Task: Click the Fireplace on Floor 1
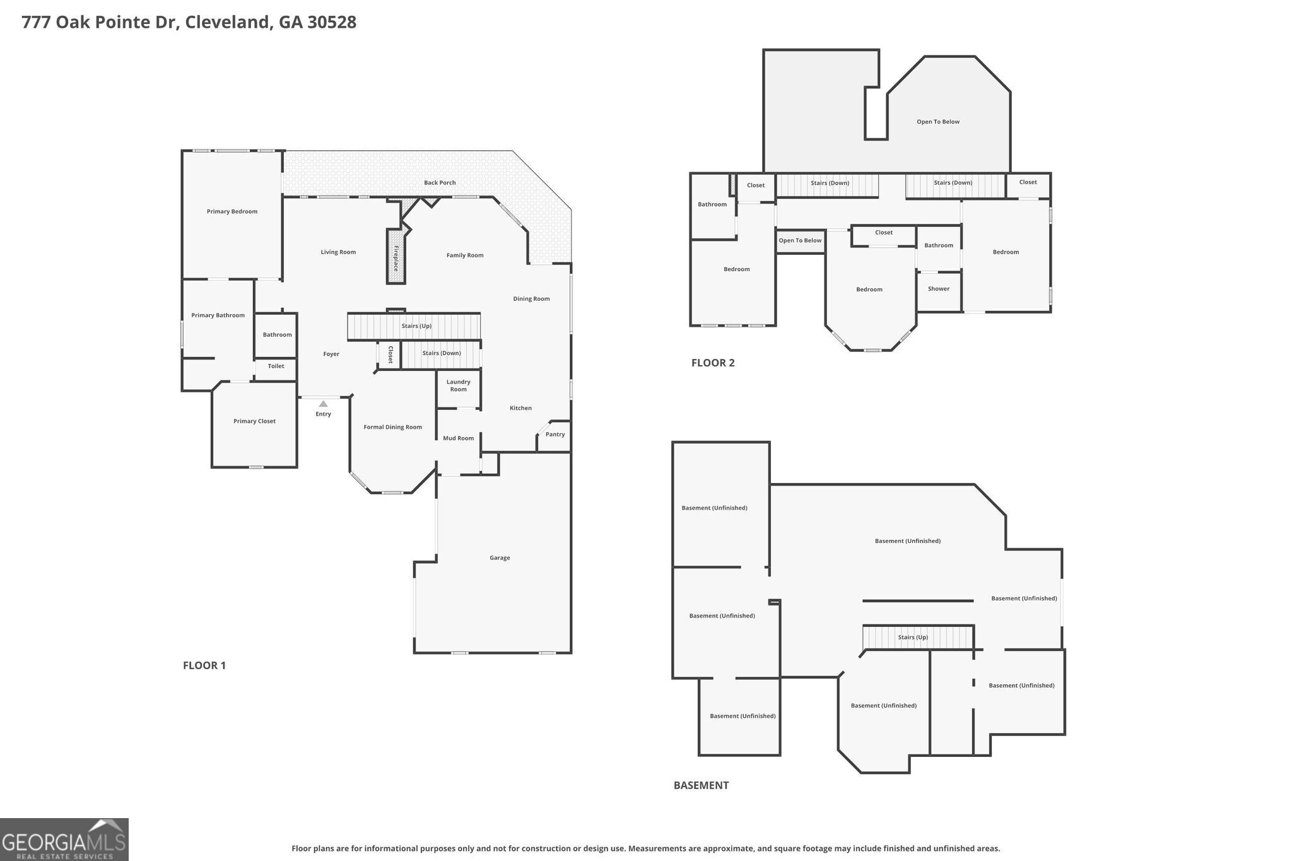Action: [396, 257]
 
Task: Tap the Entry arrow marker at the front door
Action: [323, 404]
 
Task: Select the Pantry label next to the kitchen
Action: [555, 434]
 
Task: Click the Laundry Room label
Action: [459, 385]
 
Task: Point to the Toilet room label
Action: [276, 366]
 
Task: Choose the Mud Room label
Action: [458, 438]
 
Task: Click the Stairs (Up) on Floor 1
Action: [416, 326]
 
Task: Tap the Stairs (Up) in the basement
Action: [913, 637]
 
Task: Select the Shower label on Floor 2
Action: [939, 288]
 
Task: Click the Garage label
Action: [500, 558]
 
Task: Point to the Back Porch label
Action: [440, 182]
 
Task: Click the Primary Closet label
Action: [254, 421]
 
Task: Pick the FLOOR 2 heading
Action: [713, 363]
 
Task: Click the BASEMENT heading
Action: [701, 785]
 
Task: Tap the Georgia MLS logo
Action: [64, 840]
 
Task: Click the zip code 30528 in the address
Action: [332, 22]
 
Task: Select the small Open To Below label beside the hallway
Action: [800, 240]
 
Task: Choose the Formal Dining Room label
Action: [392, 427]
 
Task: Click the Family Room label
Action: [465, 255]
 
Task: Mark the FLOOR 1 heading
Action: [204, 665]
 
